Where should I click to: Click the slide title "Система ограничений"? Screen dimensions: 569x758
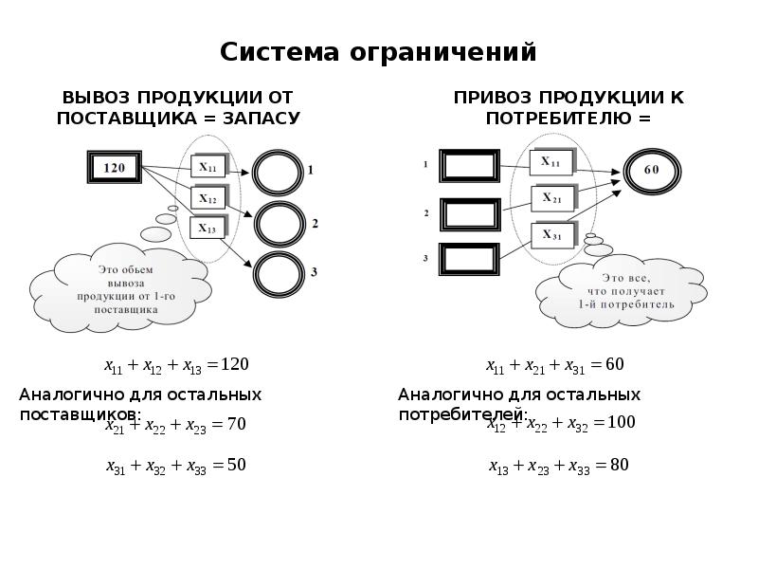click(378, 51)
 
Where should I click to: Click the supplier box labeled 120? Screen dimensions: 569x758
click(114, 168)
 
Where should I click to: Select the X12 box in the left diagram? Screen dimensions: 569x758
click(208, 199)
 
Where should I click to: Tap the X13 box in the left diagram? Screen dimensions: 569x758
click(208, 229)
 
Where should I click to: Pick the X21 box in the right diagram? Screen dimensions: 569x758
click(551, 199)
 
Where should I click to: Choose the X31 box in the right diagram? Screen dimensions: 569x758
click(551, 235)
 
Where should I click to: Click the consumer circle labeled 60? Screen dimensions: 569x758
click(651, 170)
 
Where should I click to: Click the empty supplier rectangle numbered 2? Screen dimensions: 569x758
click(470, 213)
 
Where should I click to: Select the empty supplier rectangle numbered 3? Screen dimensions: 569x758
click(470, 258)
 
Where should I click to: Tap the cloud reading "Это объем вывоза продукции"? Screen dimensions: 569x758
click(118, 289)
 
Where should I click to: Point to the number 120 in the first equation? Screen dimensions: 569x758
click(234, 363)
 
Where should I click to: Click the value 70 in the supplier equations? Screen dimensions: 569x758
click(236, 424)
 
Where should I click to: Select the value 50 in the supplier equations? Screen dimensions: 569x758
click(236, 465)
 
